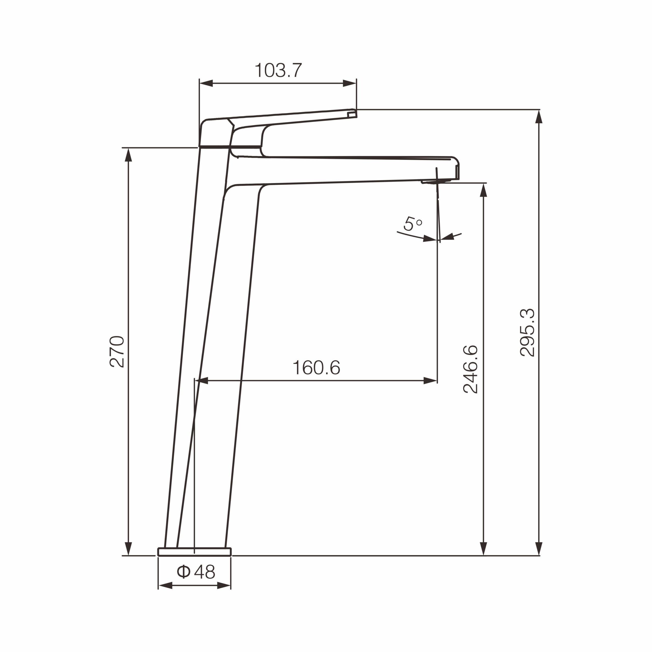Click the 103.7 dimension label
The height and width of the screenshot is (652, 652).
click(278, 71)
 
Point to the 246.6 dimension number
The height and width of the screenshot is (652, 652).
click(470, 369)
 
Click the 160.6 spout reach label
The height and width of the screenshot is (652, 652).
click(316, 368)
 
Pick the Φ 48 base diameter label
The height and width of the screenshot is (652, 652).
click(196, 572)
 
